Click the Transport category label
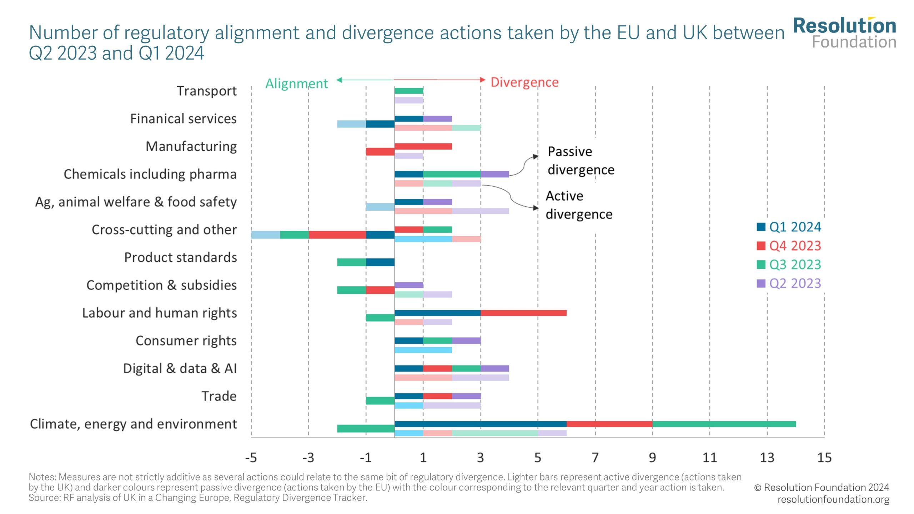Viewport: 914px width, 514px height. [206, 91]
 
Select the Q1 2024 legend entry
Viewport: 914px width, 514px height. [789, 227]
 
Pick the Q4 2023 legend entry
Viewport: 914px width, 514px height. [789, 246]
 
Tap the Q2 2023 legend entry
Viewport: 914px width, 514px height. [789, 283]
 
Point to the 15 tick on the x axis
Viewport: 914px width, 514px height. [824, 458]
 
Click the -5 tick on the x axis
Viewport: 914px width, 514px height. [251, 458]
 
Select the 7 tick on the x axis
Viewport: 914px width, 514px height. [595, 458]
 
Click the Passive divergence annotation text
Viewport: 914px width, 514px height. [581, 161]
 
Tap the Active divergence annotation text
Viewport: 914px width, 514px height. [579, 205]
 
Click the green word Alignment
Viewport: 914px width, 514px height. [296, 84]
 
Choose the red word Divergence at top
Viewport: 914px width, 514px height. [524, 82]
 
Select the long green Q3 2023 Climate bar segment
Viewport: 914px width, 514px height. [724, 424]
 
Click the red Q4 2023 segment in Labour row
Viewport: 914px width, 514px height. [523, 313]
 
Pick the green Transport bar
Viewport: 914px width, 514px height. [409, 91]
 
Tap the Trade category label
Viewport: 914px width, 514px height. [219, 396]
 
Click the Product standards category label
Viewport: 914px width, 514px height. [180, 257]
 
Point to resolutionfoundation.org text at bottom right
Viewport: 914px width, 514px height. [833, 499]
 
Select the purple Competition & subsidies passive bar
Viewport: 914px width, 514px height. [409, 285]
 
